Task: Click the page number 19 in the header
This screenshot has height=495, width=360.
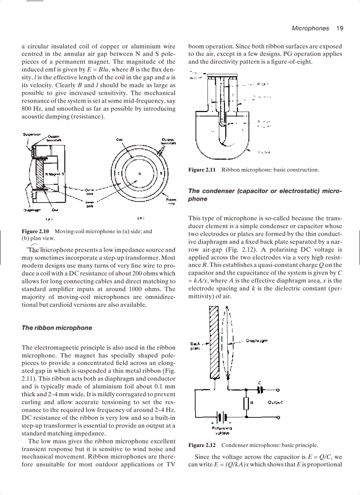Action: coord(339,28)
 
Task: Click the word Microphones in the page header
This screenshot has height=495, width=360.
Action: coord(310,28)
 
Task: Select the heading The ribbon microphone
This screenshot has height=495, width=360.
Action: coord(57,328)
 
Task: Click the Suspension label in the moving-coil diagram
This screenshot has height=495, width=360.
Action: coord(32,134)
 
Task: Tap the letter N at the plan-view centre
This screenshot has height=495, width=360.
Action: coord(139,173)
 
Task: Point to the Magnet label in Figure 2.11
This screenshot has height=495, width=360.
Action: coord(263,153)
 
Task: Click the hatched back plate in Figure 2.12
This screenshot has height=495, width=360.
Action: coord(214,342)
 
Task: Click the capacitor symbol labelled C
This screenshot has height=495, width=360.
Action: coord(260,390)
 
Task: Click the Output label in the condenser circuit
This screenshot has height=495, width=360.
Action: coord(275,402)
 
